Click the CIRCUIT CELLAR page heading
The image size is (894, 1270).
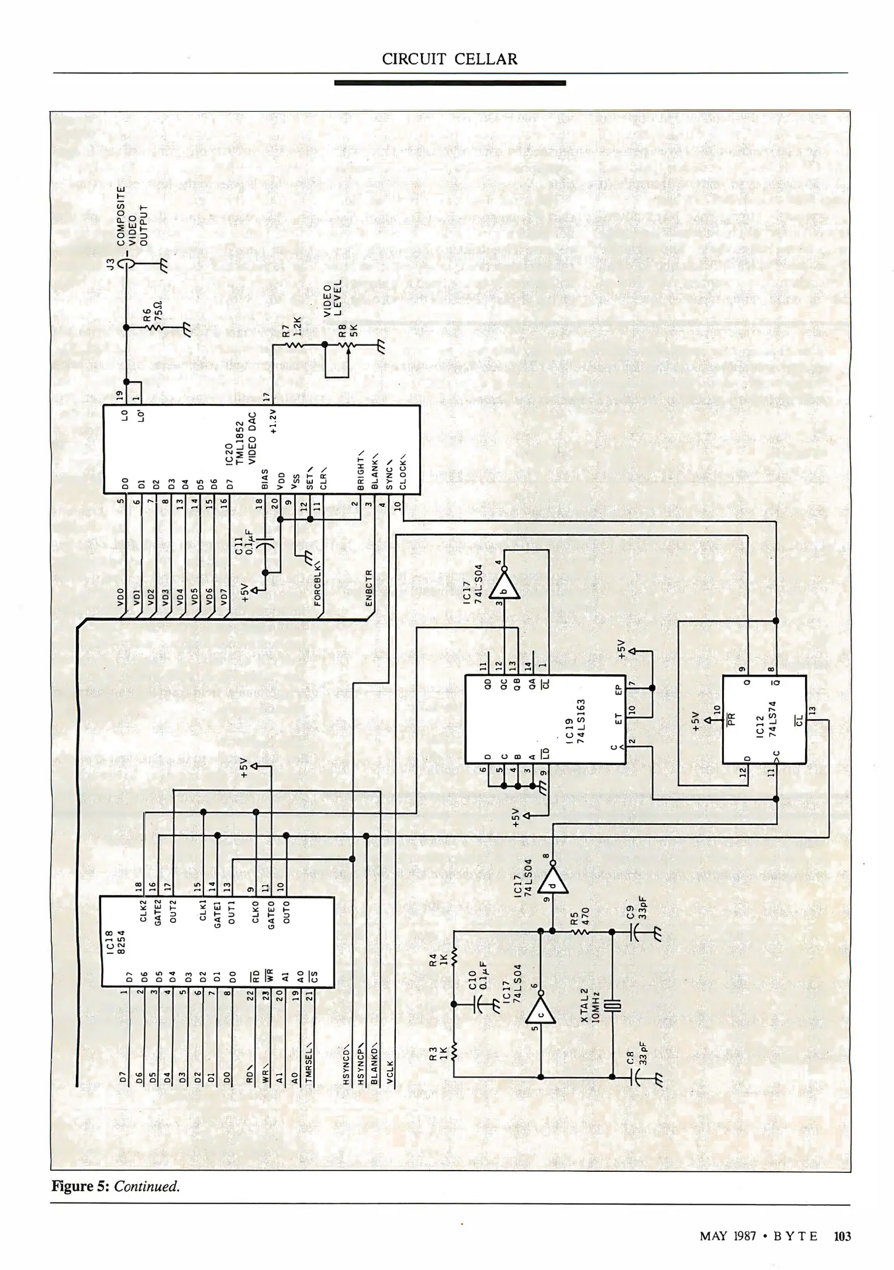point(449,59)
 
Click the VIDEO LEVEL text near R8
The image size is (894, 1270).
point(334,297)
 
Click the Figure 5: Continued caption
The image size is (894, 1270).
point(115,1186)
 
